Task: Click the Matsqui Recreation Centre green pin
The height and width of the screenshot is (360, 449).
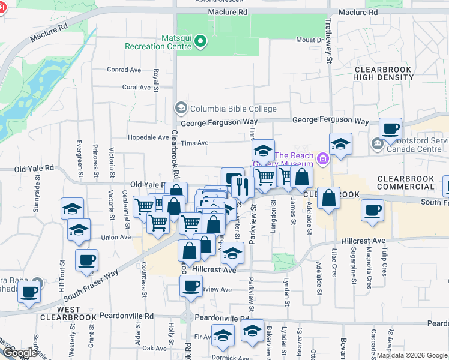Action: [x=201, y=42]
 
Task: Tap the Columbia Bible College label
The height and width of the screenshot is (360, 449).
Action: [x=233, y=109]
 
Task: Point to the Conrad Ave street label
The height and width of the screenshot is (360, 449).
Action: [x=124, y=70]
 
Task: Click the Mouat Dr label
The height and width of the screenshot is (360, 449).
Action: [x=310, y=40]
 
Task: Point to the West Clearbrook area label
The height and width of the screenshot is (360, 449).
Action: [x=60, y=313]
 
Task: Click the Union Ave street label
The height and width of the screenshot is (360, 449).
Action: [x=118, y=237]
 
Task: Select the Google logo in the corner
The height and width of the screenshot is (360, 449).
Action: [x=20, y=353]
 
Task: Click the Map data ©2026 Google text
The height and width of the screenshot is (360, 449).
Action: [x=412, y=355]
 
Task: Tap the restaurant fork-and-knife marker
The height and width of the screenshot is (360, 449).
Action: [x=242, y=187]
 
